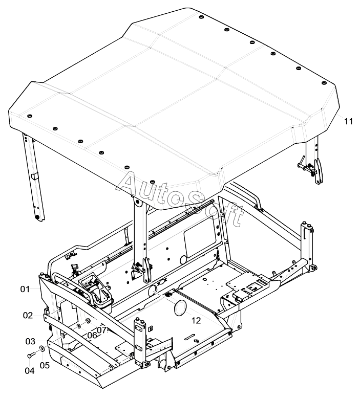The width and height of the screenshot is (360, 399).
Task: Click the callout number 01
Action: pos(25,290)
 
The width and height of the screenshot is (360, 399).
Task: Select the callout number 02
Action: pos(28,316)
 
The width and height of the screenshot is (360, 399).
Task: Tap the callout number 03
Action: pos(30,341)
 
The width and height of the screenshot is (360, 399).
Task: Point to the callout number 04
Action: pos(30,371)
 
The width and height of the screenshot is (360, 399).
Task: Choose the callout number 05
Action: pos(45,365)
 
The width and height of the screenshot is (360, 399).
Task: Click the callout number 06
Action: pos(92,336)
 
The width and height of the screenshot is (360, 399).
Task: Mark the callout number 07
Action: pos(101,330)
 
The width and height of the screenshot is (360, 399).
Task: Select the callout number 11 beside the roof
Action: pos(349,121)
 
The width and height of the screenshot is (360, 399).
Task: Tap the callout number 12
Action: pos(196,320)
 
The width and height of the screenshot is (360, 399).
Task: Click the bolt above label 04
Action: pos(31,355)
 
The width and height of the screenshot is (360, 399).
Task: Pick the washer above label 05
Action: pos(41,348)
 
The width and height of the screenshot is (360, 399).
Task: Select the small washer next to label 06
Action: pos(79,326)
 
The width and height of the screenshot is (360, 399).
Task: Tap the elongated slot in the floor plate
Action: pos(190,337)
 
